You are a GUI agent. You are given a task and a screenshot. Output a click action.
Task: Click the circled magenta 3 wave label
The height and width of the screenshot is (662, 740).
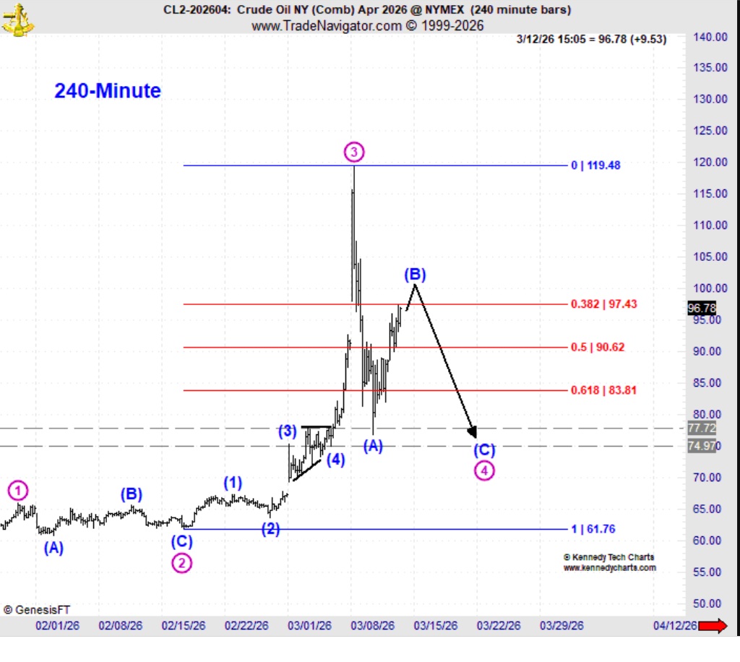[353, 152]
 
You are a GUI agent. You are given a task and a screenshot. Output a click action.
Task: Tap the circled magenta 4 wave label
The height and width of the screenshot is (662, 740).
[484, 470]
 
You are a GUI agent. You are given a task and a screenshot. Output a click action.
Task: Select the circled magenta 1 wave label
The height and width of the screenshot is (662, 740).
[18, 491]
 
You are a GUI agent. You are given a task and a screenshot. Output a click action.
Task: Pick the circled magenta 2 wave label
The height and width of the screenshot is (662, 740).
[181, 563]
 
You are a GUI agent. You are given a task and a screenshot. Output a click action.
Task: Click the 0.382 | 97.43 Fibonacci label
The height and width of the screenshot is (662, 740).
[604, 304]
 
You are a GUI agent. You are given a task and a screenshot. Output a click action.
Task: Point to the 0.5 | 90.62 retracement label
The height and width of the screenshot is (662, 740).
[598, 347]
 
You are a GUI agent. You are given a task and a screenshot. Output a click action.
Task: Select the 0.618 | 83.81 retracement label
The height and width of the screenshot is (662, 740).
[603, 390]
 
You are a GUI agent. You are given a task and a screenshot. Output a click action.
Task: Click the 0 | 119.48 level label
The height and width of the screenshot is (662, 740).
[595, 165]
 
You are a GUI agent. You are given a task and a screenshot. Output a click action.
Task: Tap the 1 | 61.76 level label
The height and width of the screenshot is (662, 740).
[593, 529]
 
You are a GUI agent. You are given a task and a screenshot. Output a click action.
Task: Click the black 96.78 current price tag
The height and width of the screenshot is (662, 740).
[702, 309]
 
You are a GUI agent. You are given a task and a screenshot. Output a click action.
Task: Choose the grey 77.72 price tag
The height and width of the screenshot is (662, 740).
[702, 428]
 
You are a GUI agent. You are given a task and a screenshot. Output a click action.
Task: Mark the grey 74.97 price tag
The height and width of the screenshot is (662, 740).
[702, 446]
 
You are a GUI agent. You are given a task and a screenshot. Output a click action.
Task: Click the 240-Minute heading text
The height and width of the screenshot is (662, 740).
[108, 91]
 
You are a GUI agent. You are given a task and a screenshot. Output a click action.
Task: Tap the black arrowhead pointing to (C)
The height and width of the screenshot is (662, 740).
[473, 431]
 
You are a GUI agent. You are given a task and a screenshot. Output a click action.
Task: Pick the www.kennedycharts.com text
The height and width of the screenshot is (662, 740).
[609, 568]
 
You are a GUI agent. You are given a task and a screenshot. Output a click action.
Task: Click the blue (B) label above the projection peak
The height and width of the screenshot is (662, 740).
[415, 274]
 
